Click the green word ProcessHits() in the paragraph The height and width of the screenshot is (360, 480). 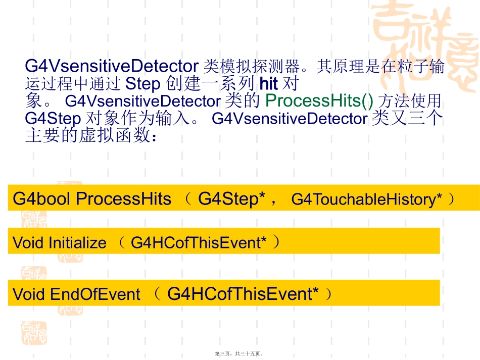pyautogui.click(x=319, y=101)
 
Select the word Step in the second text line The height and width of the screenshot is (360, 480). pyautogui.click(x=142, y=83)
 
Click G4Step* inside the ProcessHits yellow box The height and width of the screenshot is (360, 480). pyautogui.click(x=232, y=199)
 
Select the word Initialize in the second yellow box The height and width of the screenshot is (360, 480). pyautogui.click(x=77, y=243)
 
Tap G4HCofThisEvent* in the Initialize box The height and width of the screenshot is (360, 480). pyautogui.click(x=198, y=243)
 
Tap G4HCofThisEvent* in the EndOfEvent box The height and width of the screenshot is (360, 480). pyautogui.click(x=243, y=294)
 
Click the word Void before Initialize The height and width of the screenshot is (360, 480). pyautogui.click(x=28, y=243)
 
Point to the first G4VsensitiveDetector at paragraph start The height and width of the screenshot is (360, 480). pyautogui.click(x=111, y=66)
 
